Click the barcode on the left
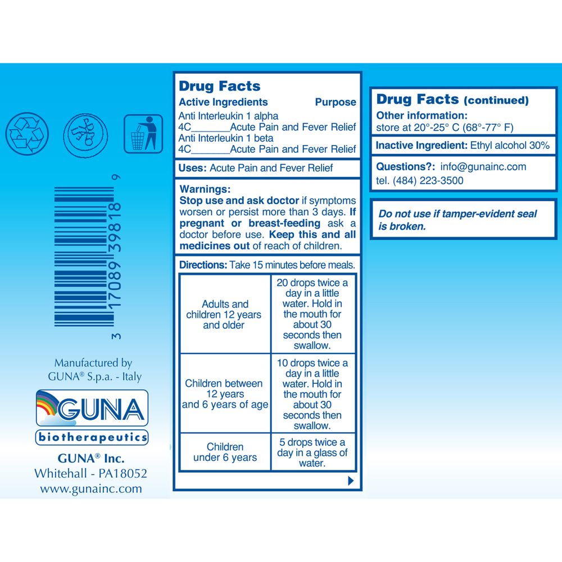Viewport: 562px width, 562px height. coord(84,256)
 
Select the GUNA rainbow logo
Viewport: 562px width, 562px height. coord(92,409)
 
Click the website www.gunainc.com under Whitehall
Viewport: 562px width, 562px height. coord(91,488)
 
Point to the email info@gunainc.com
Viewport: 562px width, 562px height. coord(483,167)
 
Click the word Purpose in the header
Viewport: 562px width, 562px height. coord(336,102)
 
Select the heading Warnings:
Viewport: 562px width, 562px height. coord(205,189)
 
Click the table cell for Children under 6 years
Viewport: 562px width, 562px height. coord(225,452)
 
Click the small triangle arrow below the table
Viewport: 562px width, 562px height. coord(351,481)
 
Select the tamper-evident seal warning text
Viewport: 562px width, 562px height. coord(457,220)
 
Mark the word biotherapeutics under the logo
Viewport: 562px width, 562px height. coord(92,437)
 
